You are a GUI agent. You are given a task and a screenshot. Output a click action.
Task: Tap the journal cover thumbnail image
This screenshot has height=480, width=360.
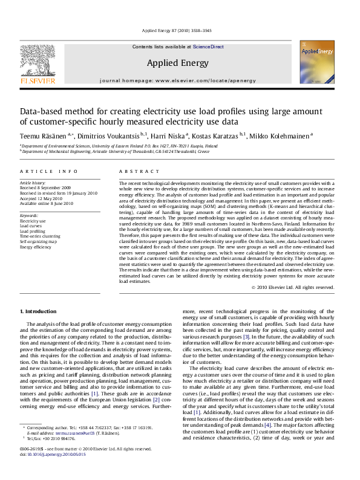click(x=316, y=65)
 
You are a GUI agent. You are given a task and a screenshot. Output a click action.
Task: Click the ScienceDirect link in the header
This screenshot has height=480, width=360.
click(x=209, y=47)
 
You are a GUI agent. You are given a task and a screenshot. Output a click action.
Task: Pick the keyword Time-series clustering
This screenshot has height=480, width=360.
click(x=40, y=236)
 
